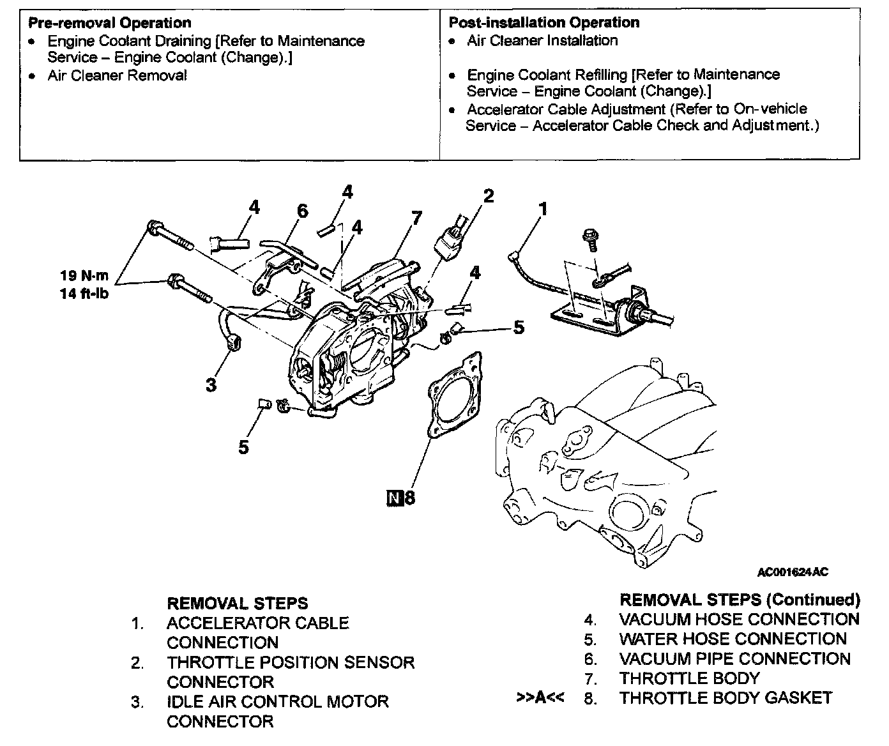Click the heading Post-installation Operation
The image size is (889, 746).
[x=543, y=23]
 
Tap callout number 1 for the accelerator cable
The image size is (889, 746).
[x=543, y=209]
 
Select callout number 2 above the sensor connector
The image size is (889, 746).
[x=489, y=196]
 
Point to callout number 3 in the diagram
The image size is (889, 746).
[x=211, y=384]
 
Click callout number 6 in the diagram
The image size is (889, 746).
[x=302, y=211]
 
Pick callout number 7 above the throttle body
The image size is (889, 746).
[x=416, y=218]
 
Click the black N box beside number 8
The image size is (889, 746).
[x=393, y=497]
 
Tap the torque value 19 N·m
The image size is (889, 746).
[x=84, y=276]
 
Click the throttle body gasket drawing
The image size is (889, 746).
[x=453, y=396]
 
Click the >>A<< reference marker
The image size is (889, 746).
[x=540, y=697]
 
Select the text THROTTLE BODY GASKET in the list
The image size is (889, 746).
[x=726, y=697]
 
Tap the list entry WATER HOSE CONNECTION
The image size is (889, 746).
[x=733, y=639]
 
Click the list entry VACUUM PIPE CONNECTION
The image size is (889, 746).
[x=734, y=658]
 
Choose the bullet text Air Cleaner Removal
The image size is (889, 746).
[x=117, y=75]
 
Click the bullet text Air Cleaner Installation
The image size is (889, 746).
[x=542, y=40]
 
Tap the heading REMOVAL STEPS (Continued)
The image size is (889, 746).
[x=740, y=600]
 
